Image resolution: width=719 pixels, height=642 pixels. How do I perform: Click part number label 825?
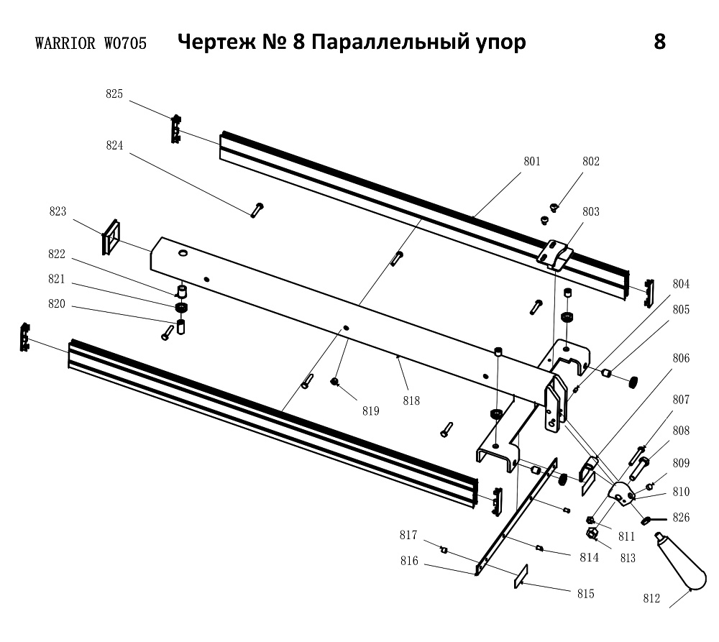click(x=114, y=94)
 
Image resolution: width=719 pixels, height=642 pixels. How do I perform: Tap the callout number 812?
click(x=651, y=597)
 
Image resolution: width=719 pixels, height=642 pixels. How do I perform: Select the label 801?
click(x=531, y=161)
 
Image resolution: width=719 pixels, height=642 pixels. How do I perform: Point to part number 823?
click(x=58, y=211)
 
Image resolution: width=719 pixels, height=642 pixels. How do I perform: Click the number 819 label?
click(x=371, y=411)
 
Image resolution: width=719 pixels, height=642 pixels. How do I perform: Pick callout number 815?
click(x=585, y=594)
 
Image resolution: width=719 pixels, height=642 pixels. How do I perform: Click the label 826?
click(x=680, y=517)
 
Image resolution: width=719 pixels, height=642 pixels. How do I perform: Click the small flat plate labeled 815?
click(x=521, y=577)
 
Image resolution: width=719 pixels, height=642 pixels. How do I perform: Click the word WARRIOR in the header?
click(x=65, y=44)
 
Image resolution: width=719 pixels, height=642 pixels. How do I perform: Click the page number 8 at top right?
click(x=659, y=42)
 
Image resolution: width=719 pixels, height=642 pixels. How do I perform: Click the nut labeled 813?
click(x=592, y=533)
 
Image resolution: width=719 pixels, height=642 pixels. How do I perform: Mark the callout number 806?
click(x=681, y=358)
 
